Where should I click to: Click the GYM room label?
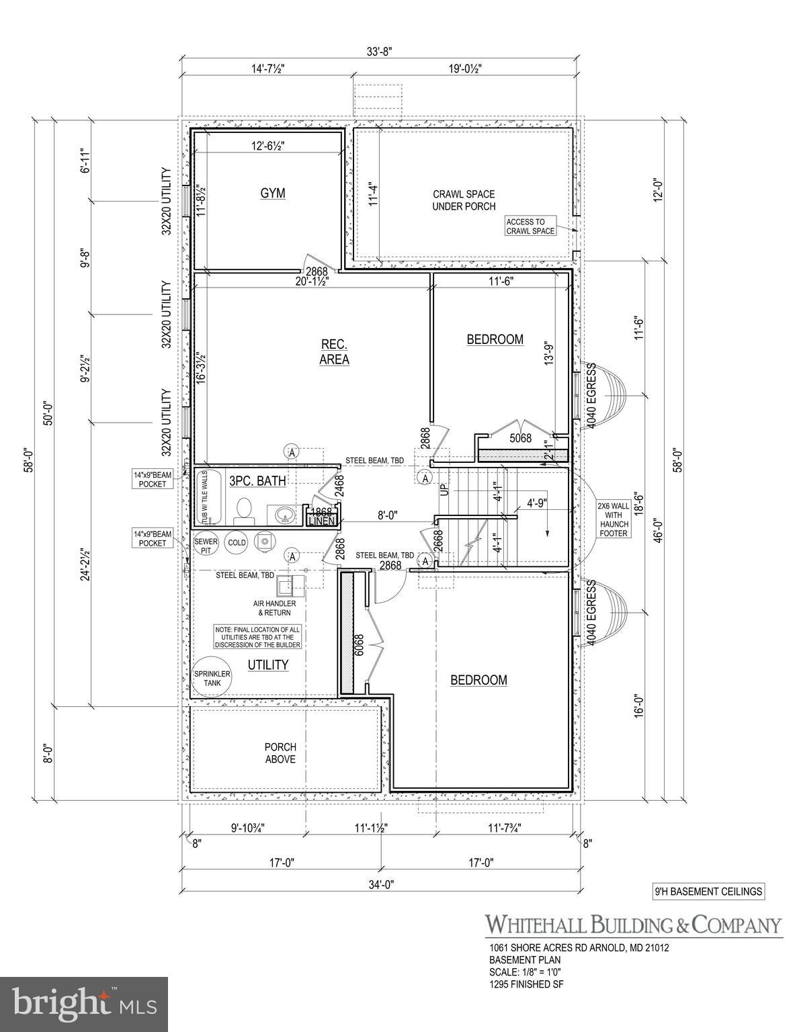click(273, 193)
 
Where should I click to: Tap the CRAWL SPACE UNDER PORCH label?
click(464, 200)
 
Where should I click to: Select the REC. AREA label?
click(334, 351)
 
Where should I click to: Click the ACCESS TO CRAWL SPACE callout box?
click(530, 226)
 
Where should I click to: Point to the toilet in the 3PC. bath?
click(244, 511)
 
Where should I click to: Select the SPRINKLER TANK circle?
click(212, 678)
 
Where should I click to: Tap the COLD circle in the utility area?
click(237, 542)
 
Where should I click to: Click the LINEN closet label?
click(321, 521)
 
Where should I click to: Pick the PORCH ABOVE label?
click(280, 752)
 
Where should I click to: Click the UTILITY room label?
click(268, 664)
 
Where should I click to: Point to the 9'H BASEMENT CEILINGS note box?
click(709, 892)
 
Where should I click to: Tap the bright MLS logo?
click(84, 1004)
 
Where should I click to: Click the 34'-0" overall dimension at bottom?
click(380, 885)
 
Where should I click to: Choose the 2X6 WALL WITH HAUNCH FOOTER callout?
click(613, 519)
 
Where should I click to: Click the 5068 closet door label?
click(520, 438)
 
